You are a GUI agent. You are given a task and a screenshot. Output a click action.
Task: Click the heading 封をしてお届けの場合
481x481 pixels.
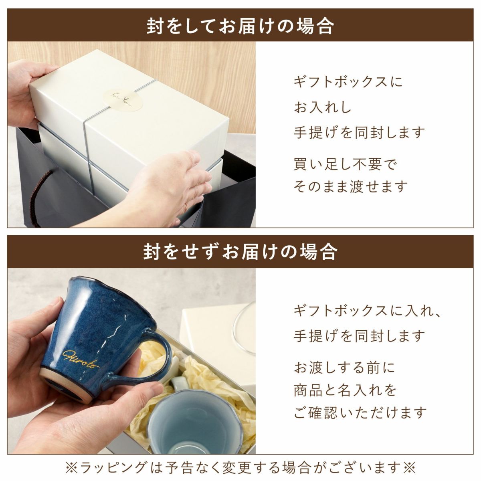(240, 25)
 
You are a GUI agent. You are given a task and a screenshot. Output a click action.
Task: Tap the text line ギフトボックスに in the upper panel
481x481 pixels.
(348, 82)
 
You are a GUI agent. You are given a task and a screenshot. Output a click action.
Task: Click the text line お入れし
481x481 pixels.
(323, 107)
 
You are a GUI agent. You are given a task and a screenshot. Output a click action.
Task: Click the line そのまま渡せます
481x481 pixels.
(350, 186)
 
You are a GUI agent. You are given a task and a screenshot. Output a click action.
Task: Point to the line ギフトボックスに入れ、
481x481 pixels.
(367, 311)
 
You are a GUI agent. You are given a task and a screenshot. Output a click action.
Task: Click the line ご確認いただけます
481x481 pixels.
(360, 412)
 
